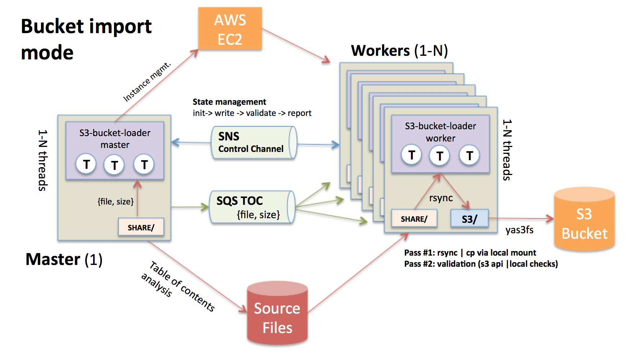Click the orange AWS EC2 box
pos(230,29)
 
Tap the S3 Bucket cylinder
pos(584,219)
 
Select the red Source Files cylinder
pos(277,313)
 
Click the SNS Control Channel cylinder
pos(254,143)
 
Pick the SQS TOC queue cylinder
pos(252,207)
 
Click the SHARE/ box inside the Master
pos(141,228)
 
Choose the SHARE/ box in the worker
pos(414,219)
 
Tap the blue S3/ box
pos(470,219)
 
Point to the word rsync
pos(441,198)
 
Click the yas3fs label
pos(519,230)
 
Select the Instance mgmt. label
pos(147,82)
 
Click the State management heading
pos(229,102)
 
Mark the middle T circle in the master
pos(114,165)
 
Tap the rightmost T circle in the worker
pos(469,156)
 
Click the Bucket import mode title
pos(86,39)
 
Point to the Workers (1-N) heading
pos(399,51)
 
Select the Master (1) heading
pos(64,259)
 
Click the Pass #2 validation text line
pos(481,264)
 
